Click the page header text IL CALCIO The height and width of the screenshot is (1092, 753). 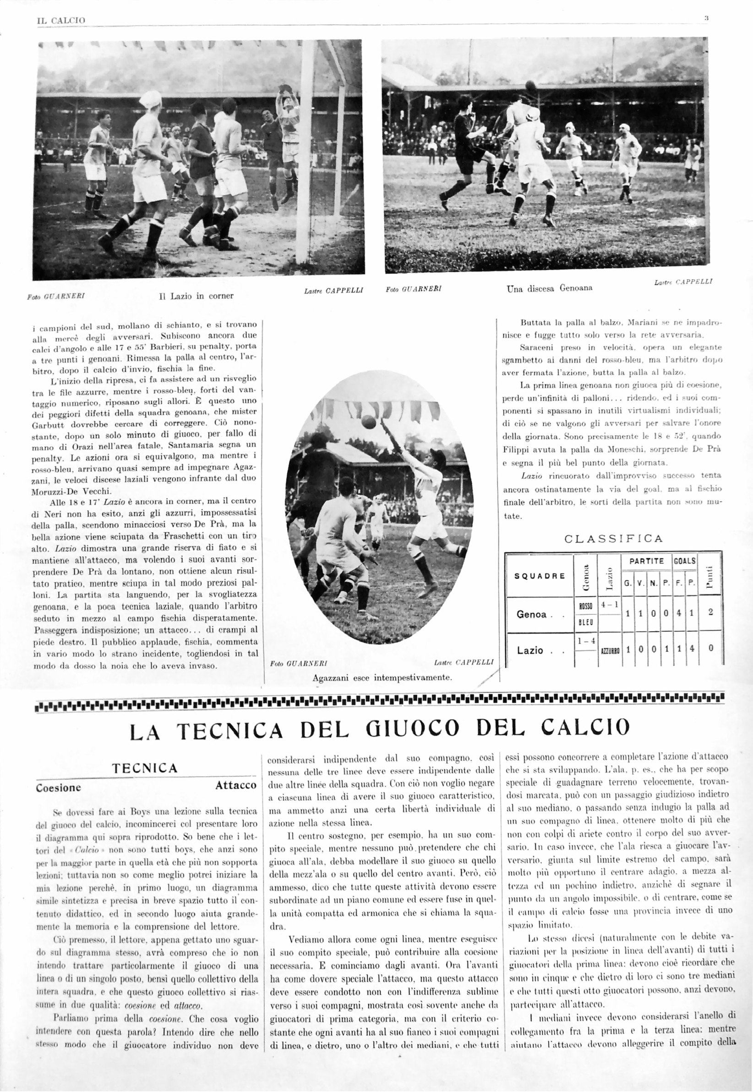(61, 20)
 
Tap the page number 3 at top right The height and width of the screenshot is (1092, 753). (706, 19)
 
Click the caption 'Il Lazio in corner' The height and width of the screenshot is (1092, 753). (196, 296)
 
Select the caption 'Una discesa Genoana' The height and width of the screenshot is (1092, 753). (550, 288)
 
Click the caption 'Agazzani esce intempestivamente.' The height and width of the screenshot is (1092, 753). (382, 678)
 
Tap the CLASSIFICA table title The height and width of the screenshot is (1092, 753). (613, 539)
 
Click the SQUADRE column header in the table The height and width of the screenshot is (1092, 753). (539, 576)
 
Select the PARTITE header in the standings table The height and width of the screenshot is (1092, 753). (646, 561)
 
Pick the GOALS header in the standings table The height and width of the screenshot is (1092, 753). (684, 561)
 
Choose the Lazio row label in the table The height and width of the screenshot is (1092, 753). (530, 651)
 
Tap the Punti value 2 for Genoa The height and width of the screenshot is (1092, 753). (710, 613)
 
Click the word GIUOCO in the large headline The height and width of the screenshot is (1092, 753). (412, 728)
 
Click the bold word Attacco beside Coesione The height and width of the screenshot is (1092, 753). (236, 785)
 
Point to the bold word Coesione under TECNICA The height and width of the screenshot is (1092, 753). (59, 788)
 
